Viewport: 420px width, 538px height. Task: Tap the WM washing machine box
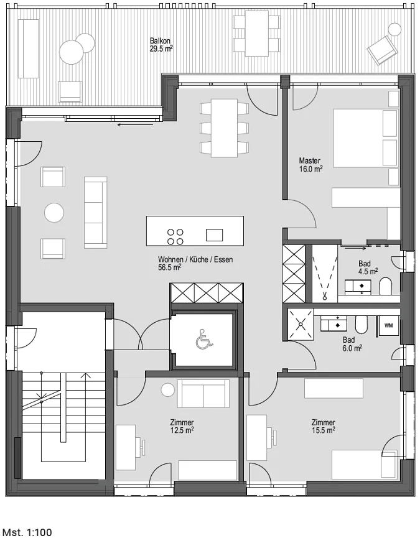pos(388,325)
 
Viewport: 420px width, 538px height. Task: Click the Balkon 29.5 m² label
pos(161,45)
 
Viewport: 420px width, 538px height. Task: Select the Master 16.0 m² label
pos(310,164)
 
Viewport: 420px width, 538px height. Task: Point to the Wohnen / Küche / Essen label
pos(195,263)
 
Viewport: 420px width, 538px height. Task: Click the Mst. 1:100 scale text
pos(26,532)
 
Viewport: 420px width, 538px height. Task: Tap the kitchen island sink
pos(215,235)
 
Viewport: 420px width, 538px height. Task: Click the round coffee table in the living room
pos(54,213)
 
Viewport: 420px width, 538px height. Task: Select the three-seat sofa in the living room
pos(96,212)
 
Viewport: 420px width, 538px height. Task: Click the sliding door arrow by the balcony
pos(136,125)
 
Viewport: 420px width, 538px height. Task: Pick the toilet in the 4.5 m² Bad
pos(386,286)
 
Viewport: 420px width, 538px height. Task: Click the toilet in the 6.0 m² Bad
pos(362,324)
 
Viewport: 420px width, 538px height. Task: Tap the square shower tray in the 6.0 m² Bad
pos(301,323)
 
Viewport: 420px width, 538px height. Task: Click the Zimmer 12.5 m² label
pos(182,426)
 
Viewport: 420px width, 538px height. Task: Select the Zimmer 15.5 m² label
pos(323,426)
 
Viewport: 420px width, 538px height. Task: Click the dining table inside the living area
pos(224,128)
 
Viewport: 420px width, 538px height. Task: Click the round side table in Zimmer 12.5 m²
pos(168,390)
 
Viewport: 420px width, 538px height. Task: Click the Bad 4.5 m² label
pos(368,267)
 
